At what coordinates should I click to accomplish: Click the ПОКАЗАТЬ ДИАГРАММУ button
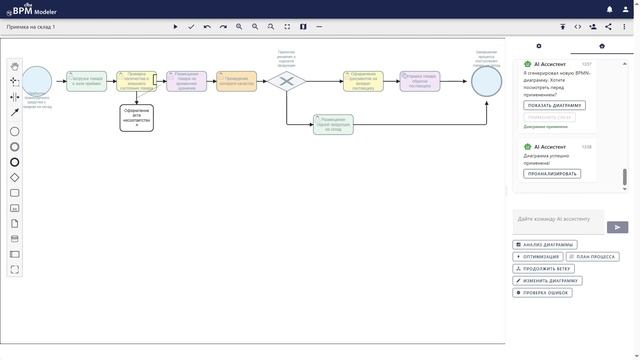tap(554, 105)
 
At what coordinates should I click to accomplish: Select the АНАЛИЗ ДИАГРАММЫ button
tap(545, 244)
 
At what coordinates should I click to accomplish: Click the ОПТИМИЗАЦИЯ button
tap(536, 257)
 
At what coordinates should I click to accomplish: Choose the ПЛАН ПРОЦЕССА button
tap(592, 257)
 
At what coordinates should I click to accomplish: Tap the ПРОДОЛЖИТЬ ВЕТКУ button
tap(543, 269)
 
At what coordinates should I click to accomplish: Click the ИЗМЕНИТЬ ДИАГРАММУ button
tap(546, 281)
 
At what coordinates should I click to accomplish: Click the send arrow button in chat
tap(617, 227)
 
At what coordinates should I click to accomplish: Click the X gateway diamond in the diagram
tap(286, 81)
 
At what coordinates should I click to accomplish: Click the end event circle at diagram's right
tap(487, 81)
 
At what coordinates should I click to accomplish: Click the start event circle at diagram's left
tap(37, 80)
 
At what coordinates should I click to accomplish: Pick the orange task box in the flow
tap(236, 81)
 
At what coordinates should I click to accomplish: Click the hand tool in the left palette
tap(14, 65)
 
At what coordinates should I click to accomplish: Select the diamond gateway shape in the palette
tap(14, 178)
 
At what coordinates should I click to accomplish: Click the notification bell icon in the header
tap(610, 9)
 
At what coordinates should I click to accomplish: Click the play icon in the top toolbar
tap(175, 27)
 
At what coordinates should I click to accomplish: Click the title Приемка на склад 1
tap(31, 27)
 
